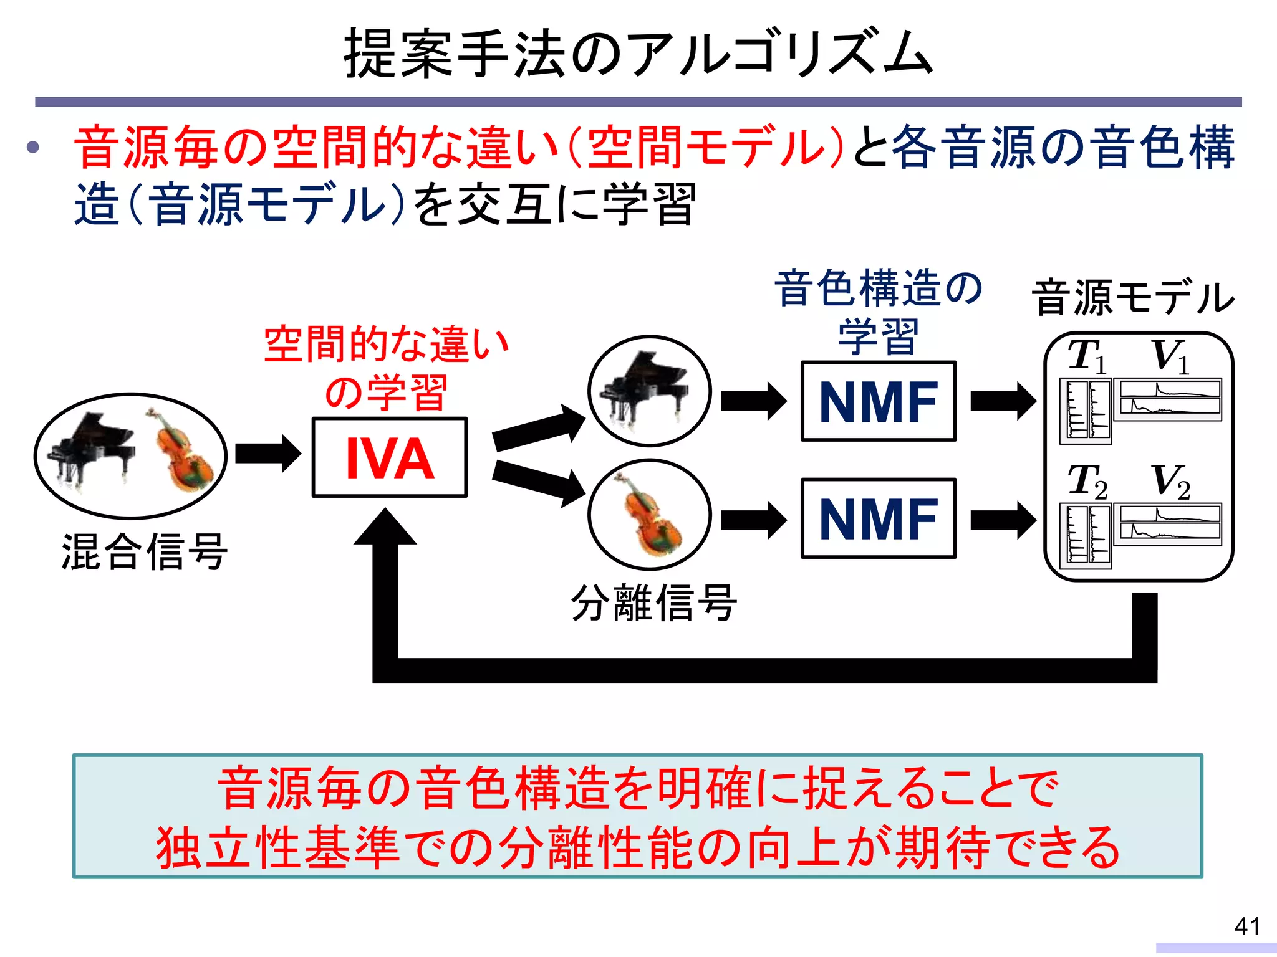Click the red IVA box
tap(389, 458)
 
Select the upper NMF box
tap(878, 402)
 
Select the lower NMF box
tap(878, 518)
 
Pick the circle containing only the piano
tap(649, 391)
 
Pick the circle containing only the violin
tap(649, 515)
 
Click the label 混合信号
tap(144, 552)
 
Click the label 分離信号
tap(654, 603)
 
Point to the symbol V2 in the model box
tap(1170, 482)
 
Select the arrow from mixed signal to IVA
tap(267, 454)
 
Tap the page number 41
tap(1246, 926)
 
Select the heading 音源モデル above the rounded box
tap(1132, 298)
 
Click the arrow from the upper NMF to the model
tap(1002, 402)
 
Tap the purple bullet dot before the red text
tap(33, 148)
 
